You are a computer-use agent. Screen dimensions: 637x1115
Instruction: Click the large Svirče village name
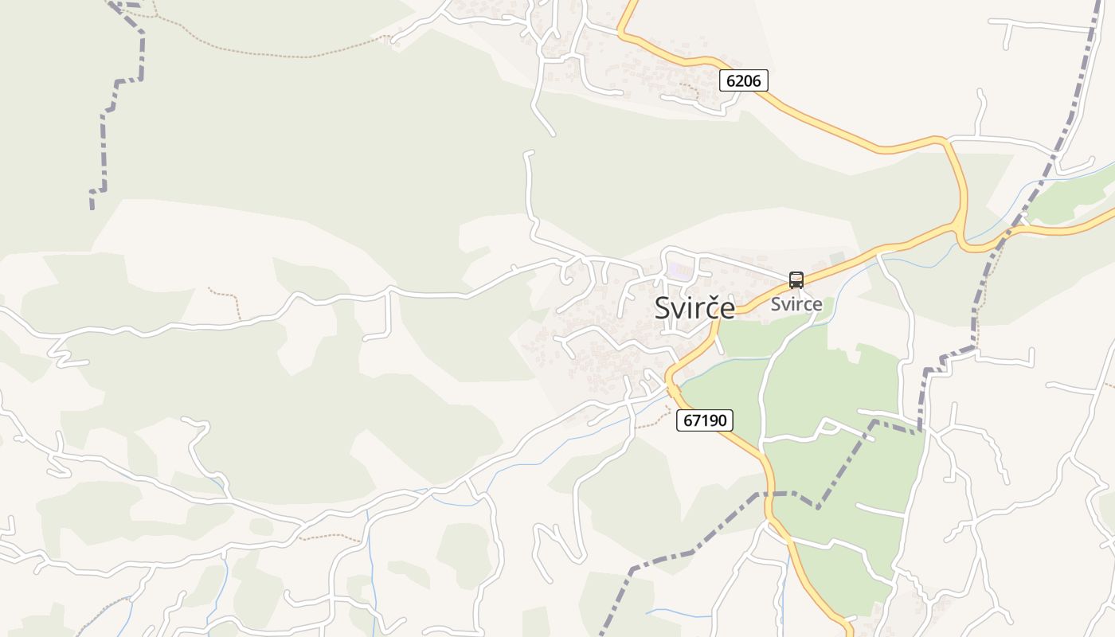694,308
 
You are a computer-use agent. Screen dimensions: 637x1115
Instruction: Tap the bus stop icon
796,280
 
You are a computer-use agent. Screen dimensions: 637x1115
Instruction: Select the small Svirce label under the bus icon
796,304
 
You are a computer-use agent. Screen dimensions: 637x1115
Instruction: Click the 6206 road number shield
744,80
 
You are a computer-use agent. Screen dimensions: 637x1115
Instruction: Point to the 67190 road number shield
705,420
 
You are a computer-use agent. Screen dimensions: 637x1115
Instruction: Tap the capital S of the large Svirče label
663,308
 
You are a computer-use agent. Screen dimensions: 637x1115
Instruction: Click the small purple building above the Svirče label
679,271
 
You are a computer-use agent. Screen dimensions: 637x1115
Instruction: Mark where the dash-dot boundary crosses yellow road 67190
769,494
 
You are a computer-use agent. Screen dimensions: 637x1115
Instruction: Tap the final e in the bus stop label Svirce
817,304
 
